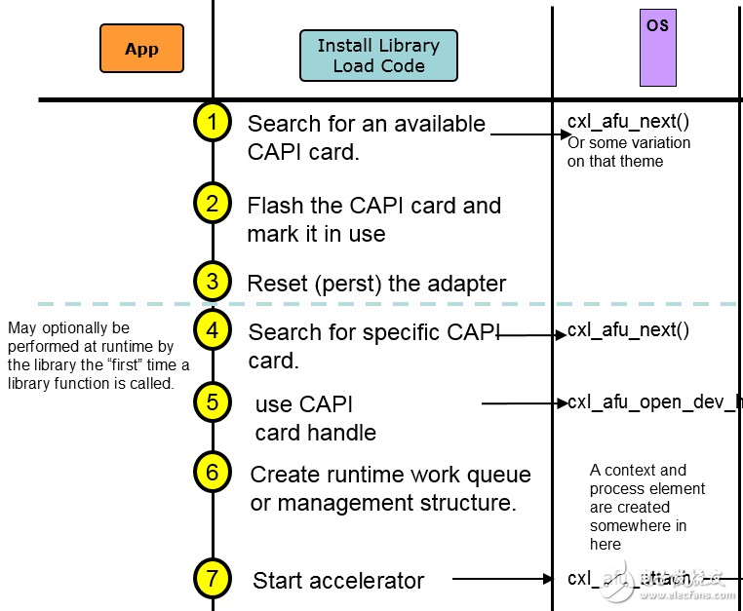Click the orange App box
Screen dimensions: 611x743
pos(141,49)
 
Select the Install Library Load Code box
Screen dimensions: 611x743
pos(378,56)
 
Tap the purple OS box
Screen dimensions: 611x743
pos(657,48)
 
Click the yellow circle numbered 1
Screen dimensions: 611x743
pos(213,122)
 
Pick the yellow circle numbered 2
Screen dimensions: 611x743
pos(213,203)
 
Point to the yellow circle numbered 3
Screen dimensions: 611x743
pos(213,282)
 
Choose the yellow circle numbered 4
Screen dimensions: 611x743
pos(213,329)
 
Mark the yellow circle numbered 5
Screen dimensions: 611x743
pos(213,401)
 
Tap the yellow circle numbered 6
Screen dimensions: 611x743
pos(213,473)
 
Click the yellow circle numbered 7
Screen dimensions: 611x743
pos(213,578)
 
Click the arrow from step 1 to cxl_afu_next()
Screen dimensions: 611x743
pos(528,133)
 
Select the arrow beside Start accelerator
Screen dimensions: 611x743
pos(502,579)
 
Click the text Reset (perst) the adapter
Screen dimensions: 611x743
pos(376,284)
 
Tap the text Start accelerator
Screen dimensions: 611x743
pos(338,581)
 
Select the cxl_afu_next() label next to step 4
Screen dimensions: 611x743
pos(628,330)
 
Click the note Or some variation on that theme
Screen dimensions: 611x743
pos(629,152)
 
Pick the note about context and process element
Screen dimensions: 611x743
pos(646,507)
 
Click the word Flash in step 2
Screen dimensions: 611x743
pos(274,206)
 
